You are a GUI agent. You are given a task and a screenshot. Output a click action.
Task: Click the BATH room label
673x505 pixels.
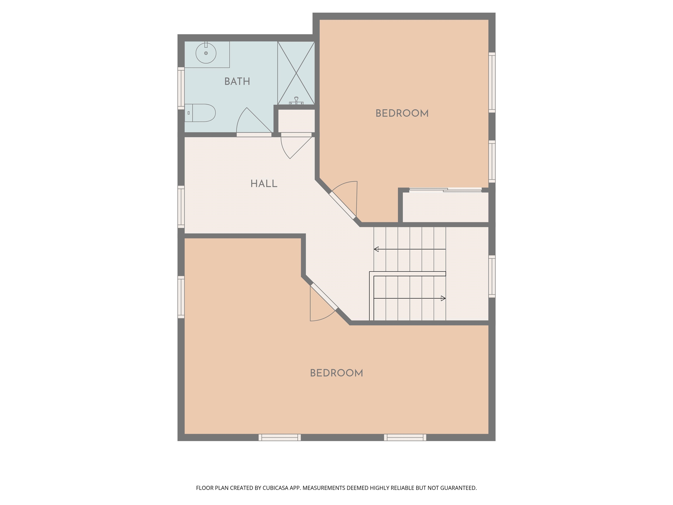[x=237, y=82]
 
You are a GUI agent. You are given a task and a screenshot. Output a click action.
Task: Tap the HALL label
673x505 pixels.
[x=264, y=184]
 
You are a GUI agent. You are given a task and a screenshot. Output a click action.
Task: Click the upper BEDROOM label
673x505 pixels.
[x=402, y=114]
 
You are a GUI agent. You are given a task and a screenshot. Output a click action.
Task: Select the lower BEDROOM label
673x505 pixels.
[x=336, y=373]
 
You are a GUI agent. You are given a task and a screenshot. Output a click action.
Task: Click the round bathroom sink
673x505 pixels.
[x=206, y=53]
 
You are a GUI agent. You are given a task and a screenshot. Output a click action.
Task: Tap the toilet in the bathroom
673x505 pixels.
[x=201, y=113]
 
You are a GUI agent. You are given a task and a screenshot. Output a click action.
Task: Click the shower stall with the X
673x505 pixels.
[x=296, y=73]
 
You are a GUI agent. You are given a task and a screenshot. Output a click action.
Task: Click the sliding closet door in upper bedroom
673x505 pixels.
[x=445, y=190]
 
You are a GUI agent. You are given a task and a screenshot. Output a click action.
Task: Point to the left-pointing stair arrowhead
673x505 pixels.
[x=376, y=249]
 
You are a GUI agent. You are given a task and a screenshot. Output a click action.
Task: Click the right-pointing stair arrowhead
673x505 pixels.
[x=443, y=298]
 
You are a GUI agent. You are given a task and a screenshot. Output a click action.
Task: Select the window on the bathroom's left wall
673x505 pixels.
[x=181, y=88]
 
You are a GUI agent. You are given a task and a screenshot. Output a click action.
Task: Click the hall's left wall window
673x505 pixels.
[x=181, y=207]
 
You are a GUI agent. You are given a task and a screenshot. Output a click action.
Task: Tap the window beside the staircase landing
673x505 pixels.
[x=492, y=276]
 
